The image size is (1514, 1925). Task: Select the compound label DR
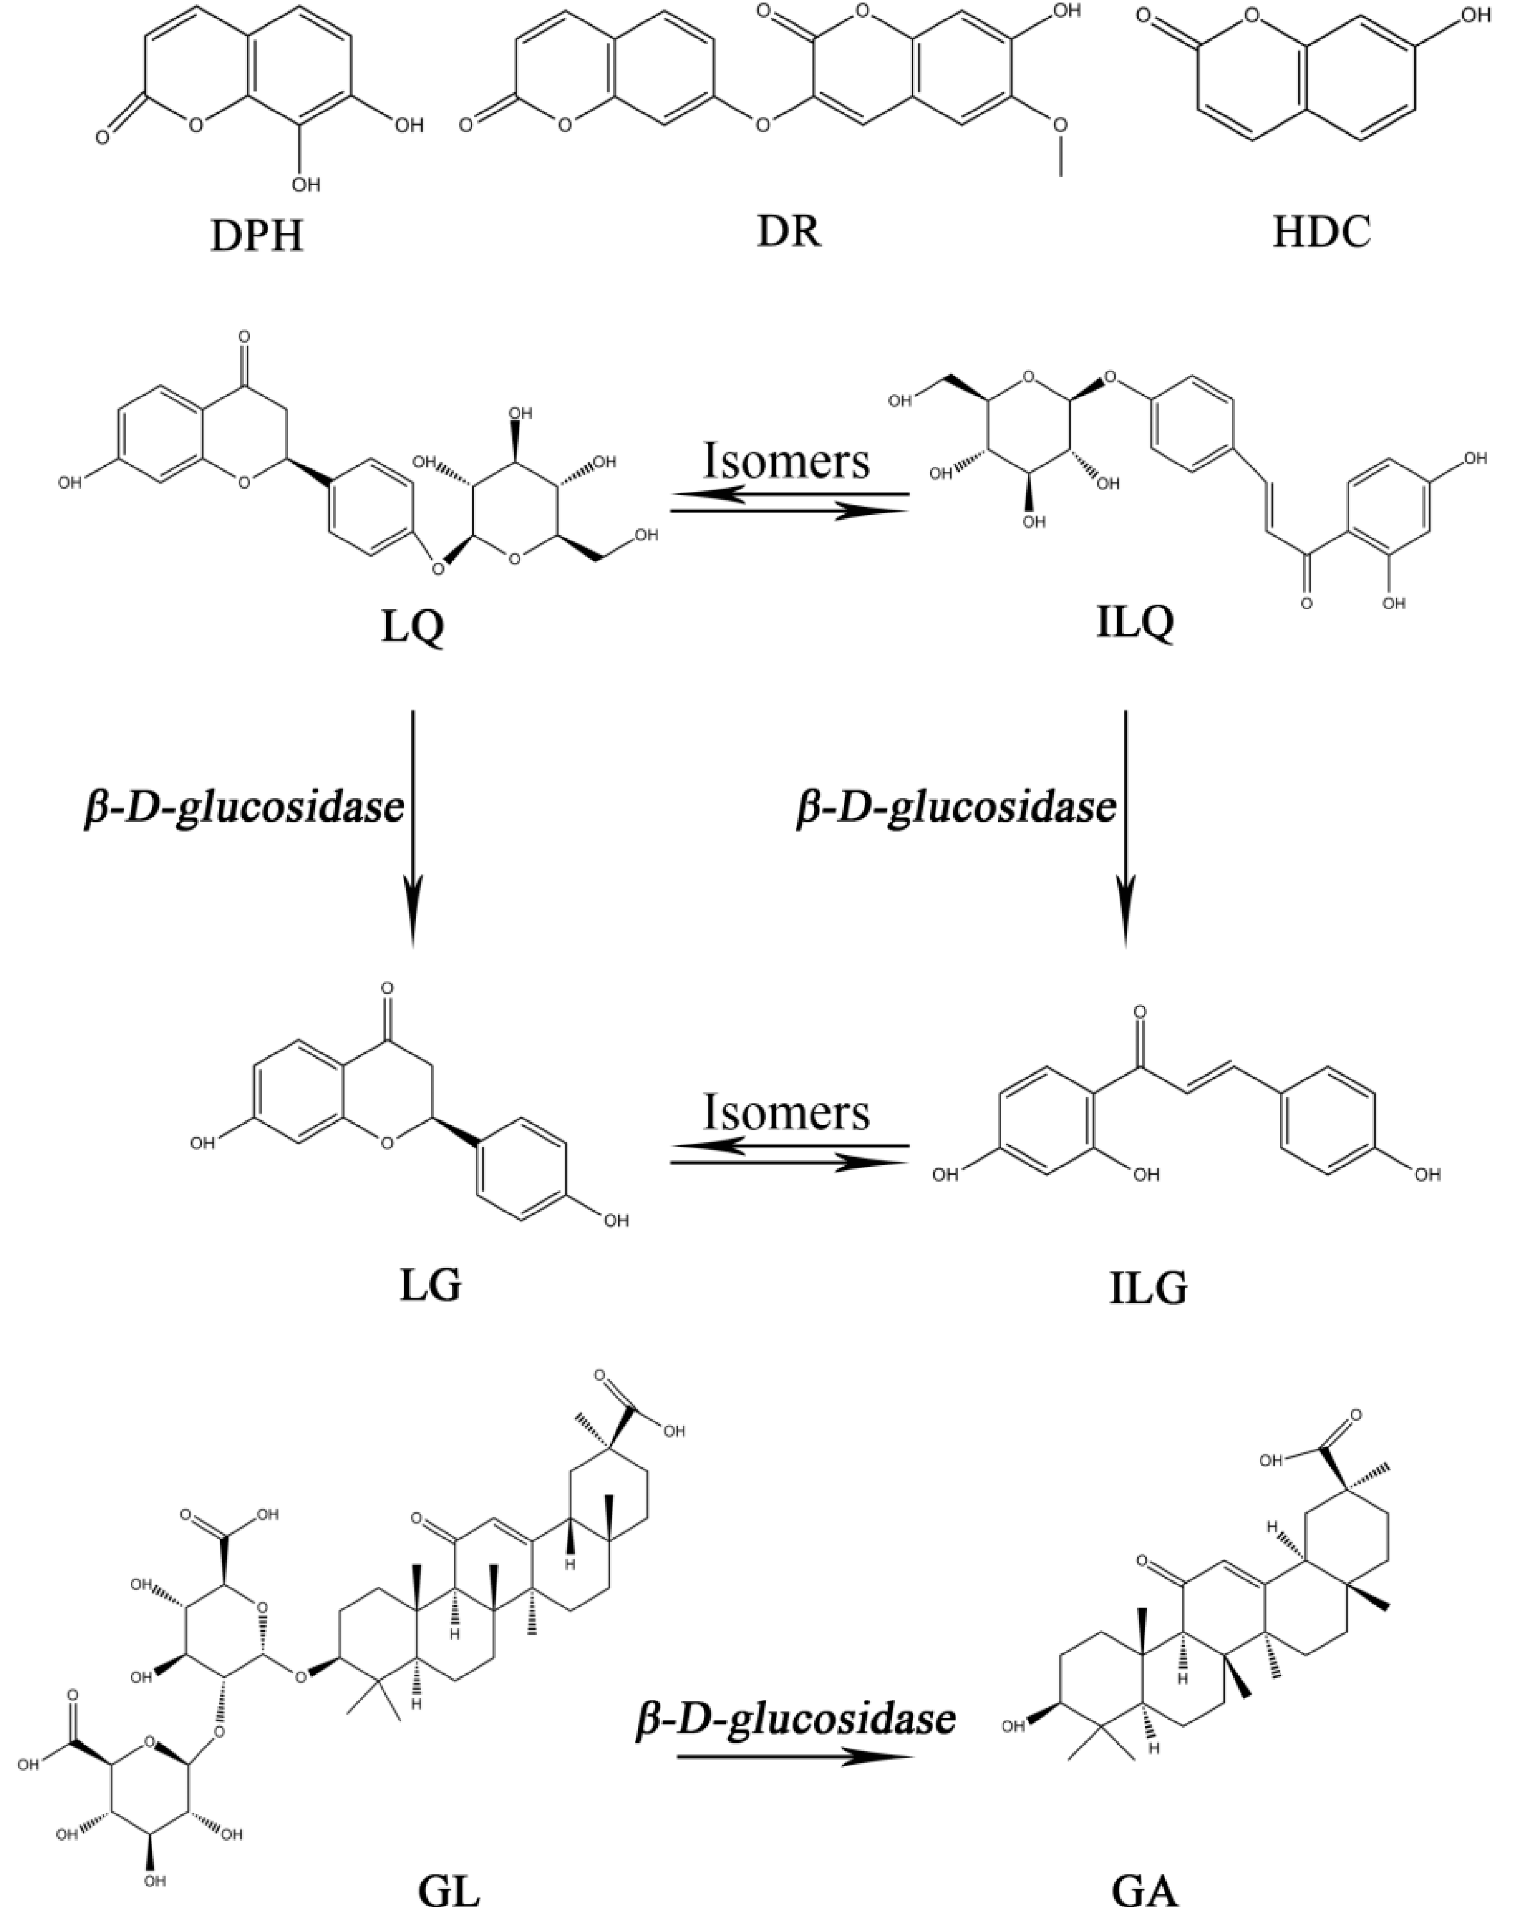tap(789, 232)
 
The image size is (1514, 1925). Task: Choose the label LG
tap(430, 1286)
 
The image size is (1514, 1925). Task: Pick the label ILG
tap(1148, 1290)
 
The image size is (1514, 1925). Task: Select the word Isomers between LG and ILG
tap(787, 1113)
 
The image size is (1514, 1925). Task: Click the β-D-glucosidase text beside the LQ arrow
tap(245, 809)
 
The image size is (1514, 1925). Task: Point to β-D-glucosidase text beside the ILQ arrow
tap(955, 809)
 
